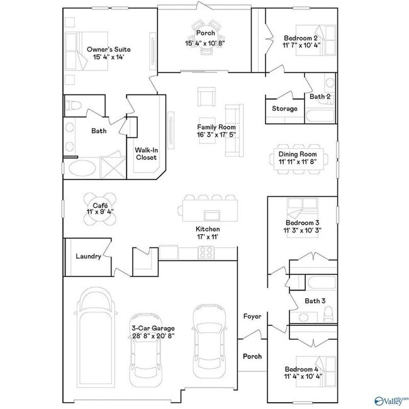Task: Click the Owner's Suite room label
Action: [x=108, y=49]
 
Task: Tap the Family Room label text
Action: [x=216, y=127]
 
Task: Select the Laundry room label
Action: [x=89, y=256]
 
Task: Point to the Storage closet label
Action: [x=284, y=108]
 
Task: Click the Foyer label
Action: [x=252, y=317]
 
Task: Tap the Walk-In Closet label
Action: [x=147, y=154]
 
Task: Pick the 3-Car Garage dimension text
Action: [x=154, y=336]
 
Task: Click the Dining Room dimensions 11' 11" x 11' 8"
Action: [x=298, y=162]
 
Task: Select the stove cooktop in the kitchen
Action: [x=206, y=252]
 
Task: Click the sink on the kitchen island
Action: [x=212, y=215]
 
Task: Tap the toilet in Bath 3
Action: [x=328, y=314]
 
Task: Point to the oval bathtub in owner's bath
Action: [x=82, y=168]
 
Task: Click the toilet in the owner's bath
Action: [x=73, y=106]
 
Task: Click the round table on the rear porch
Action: [x=206, y=38]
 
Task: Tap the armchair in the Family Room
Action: [x=206, y=97]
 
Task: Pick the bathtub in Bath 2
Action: [x=320, y=116]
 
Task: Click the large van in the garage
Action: [x=96, y=337]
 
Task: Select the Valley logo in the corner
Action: [x=391, y=401]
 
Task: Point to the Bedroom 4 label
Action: [x=301, y=369]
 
